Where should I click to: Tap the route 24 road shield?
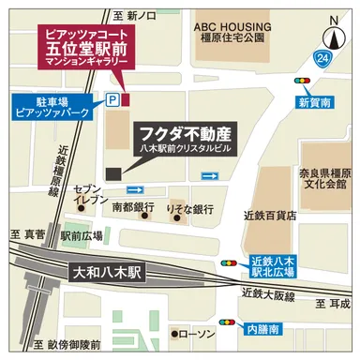(x=323, y=60)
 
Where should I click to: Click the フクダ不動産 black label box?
(x=191, y=137)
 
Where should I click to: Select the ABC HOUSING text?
(x=233, y=28)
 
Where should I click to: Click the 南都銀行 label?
(x=133, y=205)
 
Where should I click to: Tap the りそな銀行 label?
(x=189, y=205)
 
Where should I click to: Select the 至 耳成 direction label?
(x=332, y=305)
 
